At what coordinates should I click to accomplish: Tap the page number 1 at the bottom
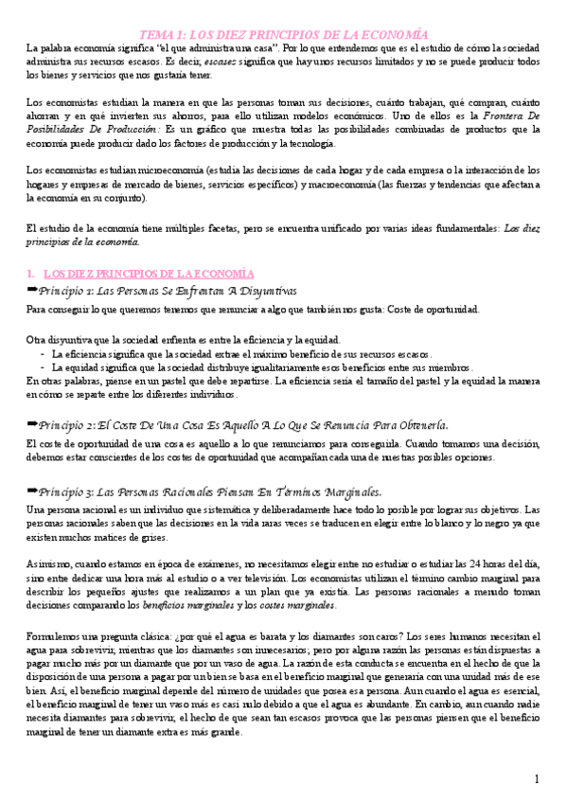pyautogui.click(x=536, y=778)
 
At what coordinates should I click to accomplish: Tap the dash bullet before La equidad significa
pyautogui.click(x=44, y=366)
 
